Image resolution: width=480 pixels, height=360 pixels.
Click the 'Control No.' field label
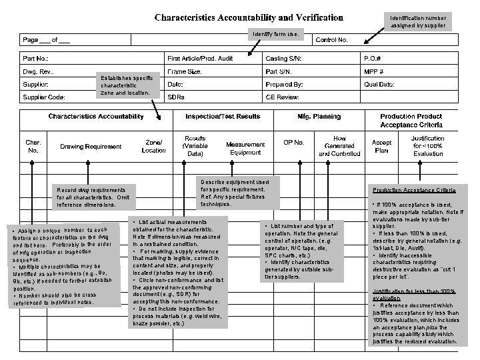(331, 41)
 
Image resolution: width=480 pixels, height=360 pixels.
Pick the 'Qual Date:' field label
(379, 85)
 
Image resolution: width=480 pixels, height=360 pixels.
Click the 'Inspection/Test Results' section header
(222, 117)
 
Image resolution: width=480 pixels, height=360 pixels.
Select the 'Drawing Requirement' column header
(91, 146)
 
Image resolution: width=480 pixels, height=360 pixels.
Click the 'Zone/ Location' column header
(154, 146)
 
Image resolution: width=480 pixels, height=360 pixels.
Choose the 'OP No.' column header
(294, 143)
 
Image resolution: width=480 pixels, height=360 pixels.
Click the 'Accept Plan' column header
(381, 146)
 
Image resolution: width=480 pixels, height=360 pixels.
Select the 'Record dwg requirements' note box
(95, 196)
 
